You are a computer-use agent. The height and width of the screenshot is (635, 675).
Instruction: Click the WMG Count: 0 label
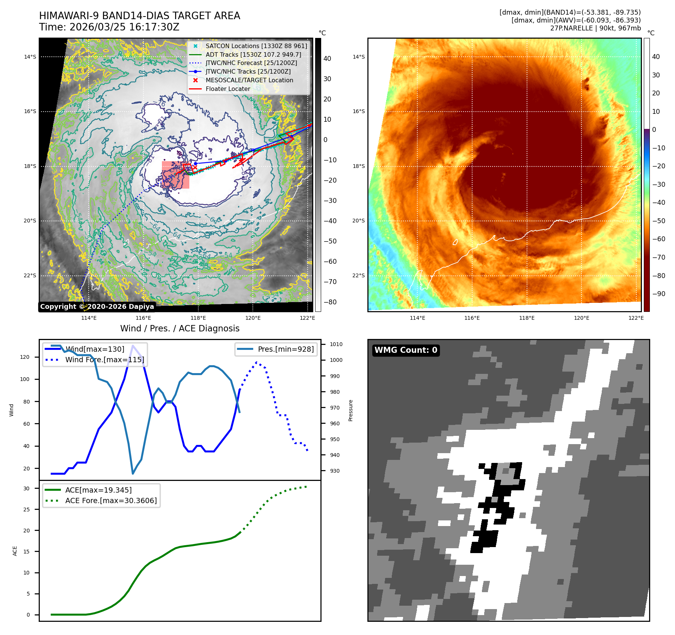(406, 350)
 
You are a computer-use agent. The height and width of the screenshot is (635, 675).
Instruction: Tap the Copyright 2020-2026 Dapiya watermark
(97, 307)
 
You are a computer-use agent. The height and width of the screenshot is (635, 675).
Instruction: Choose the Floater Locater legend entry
(228, 89)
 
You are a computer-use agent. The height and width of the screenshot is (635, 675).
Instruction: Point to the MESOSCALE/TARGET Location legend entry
(249, 80)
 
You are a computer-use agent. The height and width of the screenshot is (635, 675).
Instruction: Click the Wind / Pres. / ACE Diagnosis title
(180, 328)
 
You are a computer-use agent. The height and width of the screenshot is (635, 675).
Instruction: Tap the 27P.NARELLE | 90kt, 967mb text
(595, 28)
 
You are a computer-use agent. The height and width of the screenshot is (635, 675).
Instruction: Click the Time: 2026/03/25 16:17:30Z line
(109, 27)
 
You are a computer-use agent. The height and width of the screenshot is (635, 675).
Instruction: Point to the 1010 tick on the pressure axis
(336, 344)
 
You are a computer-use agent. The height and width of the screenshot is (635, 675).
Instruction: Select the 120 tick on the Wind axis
(25, 357)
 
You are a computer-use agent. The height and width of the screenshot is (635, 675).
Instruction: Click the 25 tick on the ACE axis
(26, 510)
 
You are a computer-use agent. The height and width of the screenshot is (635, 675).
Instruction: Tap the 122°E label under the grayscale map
(307, 318)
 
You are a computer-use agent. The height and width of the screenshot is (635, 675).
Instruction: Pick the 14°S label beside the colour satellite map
(358, 57)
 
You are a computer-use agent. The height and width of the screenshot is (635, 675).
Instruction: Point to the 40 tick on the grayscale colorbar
(327, 59)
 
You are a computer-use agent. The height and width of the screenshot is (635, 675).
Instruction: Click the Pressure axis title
(350, 410)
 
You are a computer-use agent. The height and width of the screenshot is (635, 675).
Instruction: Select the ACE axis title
(15, 551)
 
